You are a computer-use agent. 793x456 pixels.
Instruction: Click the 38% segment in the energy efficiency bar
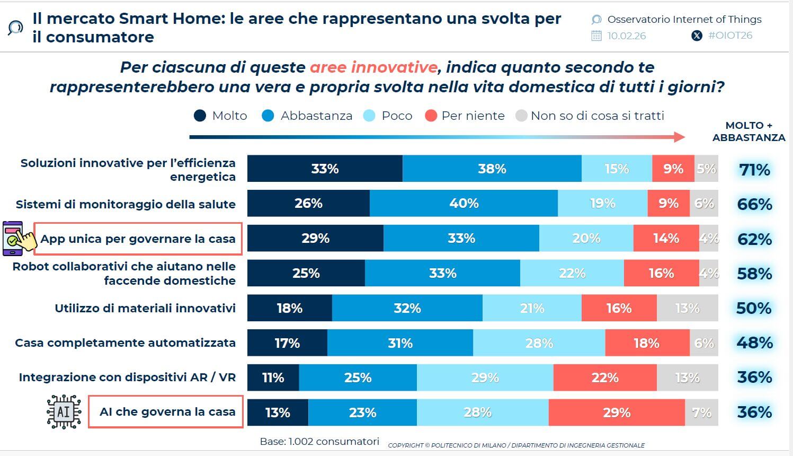pos(492,169)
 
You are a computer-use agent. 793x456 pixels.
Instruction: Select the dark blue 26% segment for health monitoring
pos(308,204)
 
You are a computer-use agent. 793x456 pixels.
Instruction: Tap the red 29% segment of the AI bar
pos(617,413)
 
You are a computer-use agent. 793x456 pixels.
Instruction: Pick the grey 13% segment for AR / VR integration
pos(687,378)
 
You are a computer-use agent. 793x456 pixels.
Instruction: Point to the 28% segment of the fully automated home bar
pos(539,343)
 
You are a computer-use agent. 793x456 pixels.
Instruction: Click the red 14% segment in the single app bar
pos(666,239)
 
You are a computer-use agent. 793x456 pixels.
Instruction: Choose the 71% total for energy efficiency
pos(754,170)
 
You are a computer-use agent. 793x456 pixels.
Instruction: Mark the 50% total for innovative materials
pos(754,308)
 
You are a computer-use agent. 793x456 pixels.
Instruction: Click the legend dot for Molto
pos(200,116)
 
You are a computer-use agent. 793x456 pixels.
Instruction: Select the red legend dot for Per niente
pos(431,116)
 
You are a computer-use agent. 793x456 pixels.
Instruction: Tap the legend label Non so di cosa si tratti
pos(597,116)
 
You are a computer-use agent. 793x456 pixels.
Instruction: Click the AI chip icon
pos(64,411)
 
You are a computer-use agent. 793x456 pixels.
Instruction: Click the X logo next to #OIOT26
pos(697,36)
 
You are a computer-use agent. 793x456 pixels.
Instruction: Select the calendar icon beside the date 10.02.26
pos(596,36)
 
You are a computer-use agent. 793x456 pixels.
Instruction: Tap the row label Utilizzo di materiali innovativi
pos(145,308)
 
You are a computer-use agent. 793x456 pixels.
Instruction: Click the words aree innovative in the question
pos(373,67)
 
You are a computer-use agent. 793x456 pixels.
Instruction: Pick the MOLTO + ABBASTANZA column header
pos(749,131)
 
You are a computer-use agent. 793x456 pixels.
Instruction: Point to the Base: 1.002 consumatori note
pos(319,441)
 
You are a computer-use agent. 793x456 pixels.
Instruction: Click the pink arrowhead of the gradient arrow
pos(679,137)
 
